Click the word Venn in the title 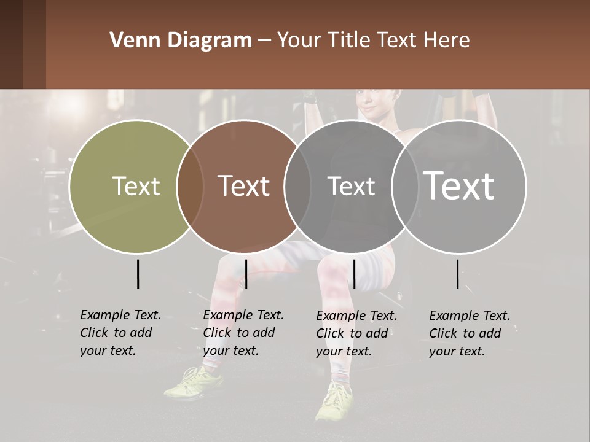pos(128,41)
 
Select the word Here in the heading pos(447,41)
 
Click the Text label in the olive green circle pos(136,186)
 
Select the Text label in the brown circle pos(243,186)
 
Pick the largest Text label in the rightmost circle pos(459,185)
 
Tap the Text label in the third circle pos(351,186)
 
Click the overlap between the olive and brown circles pos(190,187)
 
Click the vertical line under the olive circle pos(138,274)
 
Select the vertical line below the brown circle pos(246,274)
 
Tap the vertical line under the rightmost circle pos(457,274)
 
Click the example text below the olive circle pos(120,333)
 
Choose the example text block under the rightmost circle pos(470,333)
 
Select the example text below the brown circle pos(243,333)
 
